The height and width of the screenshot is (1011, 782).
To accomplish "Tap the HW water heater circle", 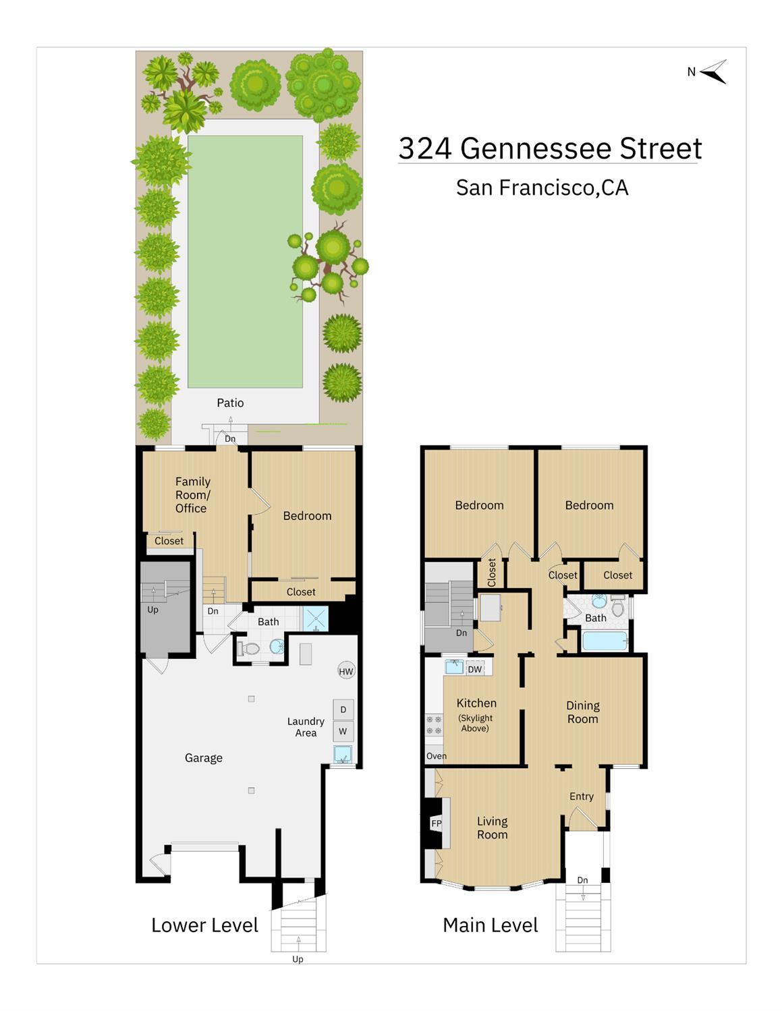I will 346,671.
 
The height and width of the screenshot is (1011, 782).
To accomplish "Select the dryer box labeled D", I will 343,710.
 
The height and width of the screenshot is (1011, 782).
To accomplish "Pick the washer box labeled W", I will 343,731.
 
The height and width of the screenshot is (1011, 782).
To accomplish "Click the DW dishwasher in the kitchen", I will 475,669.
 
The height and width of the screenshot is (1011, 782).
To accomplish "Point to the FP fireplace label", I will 436,824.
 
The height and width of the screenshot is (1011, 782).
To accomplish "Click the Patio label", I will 230,403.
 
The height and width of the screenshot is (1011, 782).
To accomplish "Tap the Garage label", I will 204,758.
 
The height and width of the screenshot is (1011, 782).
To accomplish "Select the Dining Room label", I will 583,712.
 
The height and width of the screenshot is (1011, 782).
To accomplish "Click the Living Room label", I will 493,828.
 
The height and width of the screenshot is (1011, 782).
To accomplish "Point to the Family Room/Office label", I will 193,495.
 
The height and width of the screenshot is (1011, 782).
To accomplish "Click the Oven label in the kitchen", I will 437,756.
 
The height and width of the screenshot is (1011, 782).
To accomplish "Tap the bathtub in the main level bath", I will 605,641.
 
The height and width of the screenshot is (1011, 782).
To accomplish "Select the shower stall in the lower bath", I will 315,618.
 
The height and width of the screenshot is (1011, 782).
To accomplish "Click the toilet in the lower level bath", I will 248,649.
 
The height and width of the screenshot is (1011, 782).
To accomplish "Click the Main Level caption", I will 491,925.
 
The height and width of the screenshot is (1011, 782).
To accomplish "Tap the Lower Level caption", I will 204,925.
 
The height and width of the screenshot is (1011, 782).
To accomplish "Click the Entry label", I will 582,797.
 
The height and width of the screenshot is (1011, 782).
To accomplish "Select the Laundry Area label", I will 306,727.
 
